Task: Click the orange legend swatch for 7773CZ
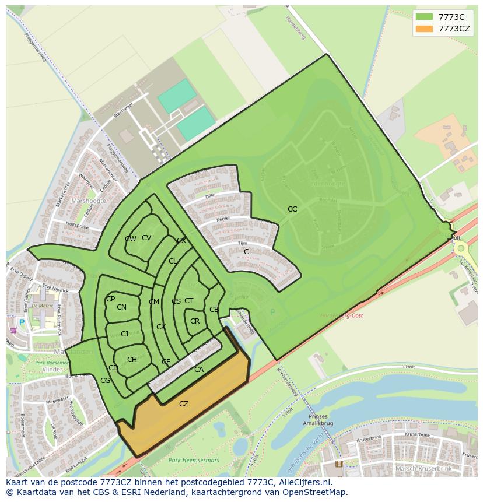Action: click(x=424, y=29)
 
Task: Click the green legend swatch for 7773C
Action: click(x=424, y=17)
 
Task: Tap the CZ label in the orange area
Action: click(x=184, y=404)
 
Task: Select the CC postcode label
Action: click(x=292, y=209)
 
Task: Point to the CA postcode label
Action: click(x=199, y=370)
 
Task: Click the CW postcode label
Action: click(x=131, y=239)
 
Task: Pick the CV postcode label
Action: click(x=146, y=238)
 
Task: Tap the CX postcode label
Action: click(x=181, y=241)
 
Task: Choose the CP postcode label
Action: click(x=110, y=299)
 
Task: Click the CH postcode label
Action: click(x=132, y=360)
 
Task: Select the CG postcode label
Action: click(x=105, y=381)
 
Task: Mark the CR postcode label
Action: click(x=195, y=321)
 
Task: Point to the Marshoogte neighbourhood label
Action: click(x=89, y=201)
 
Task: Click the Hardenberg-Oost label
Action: click(x=341, y=315)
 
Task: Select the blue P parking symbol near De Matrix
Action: click(x=22, y=322)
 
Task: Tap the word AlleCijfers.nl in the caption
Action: click(x=304, y=482)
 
